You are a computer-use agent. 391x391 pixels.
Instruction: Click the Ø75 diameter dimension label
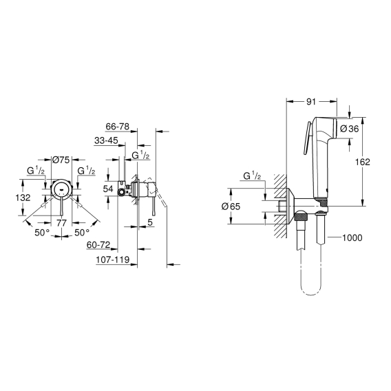point(61,160)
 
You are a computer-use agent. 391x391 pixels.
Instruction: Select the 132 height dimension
point(23,198)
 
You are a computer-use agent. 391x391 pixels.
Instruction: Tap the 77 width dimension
point(61,222)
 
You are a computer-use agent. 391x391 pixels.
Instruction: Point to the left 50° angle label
point(42,233)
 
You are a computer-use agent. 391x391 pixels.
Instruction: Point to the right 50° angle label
point(82,233)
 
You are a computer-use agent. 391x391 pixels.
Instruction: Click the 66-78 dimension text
point(118,127)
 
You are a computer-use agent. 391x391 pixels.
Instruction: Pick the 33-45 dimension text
point(106,140)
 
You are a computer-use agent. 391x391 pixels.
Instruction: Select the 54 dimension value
point(108,189)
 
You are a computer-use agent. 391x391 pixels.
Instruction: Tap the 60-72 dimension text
point(98,245)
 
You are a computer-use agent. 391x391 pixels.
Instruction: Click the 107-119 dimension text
point(113,260)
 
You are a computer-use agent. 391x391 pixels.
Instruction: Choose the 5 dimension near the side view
point(150,222)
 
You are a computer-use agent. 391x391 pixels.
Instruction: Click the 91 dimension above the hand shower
point(311,102)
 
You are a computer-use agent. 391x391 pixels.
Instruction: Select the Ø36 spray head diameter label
point(350,129)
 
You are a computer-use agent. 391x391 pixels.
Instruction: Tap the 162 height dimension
point(363,162)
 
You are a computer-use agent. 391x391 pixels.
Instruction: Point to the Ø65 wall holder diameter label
point(231,207)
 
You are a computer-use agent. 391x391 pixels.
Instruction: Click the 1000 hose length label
point(352,237)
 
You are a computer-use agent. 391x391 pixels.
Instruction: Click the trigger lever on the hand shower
point(306,139)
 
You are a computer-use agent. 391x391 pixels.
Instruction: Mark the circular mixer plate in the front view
point(61,189)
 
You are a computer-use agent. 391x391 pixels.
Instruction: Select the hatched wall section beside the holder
point(281,206)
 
